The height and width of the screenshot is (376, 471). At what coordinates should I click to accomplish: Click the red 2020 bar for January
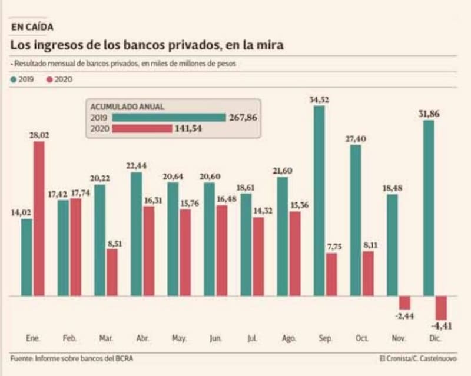[x=39, y=218]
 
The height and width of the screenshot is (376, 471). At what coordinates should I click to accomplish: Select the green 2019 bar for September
[x=319, y=200]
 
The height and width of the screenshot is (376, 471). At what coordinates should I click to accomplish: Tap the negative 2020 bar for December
[x=441, y=307]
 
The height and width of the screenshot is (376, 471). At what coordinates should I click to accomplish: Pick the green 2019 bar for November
[x=392, y=244]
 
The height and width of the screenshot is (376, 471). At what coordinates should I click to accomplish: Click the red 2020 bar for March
[x=112, y=272]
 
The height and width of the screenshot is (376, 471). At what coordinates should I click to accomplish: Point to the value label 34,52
[x=319, y=99]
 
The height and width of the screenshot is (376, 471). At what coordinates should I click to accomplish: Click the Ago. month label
[x=289, y=339]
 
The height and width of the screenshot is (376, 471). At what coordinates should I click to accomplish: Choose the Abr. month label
[x=142, y=339]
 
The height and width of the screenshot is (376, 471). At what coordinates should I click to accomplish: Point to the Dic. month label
[x=435, y=339]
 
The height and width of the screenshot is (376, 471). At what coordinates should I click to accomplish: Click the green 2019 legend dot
[x=13, y=79]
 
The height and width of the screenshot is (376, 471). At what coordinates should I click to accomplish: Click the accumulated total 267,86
[x=243, y=117]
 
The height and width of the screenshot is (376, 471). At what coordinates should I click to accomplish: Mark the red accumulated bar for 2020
[x=142, y=128]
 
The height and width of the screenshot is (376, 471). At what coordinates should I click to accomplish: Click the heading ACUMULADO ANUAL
[x=127, y=107]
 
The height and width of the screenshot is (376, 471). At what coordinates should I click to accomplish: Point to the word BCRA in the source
[x=131, y=358]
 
